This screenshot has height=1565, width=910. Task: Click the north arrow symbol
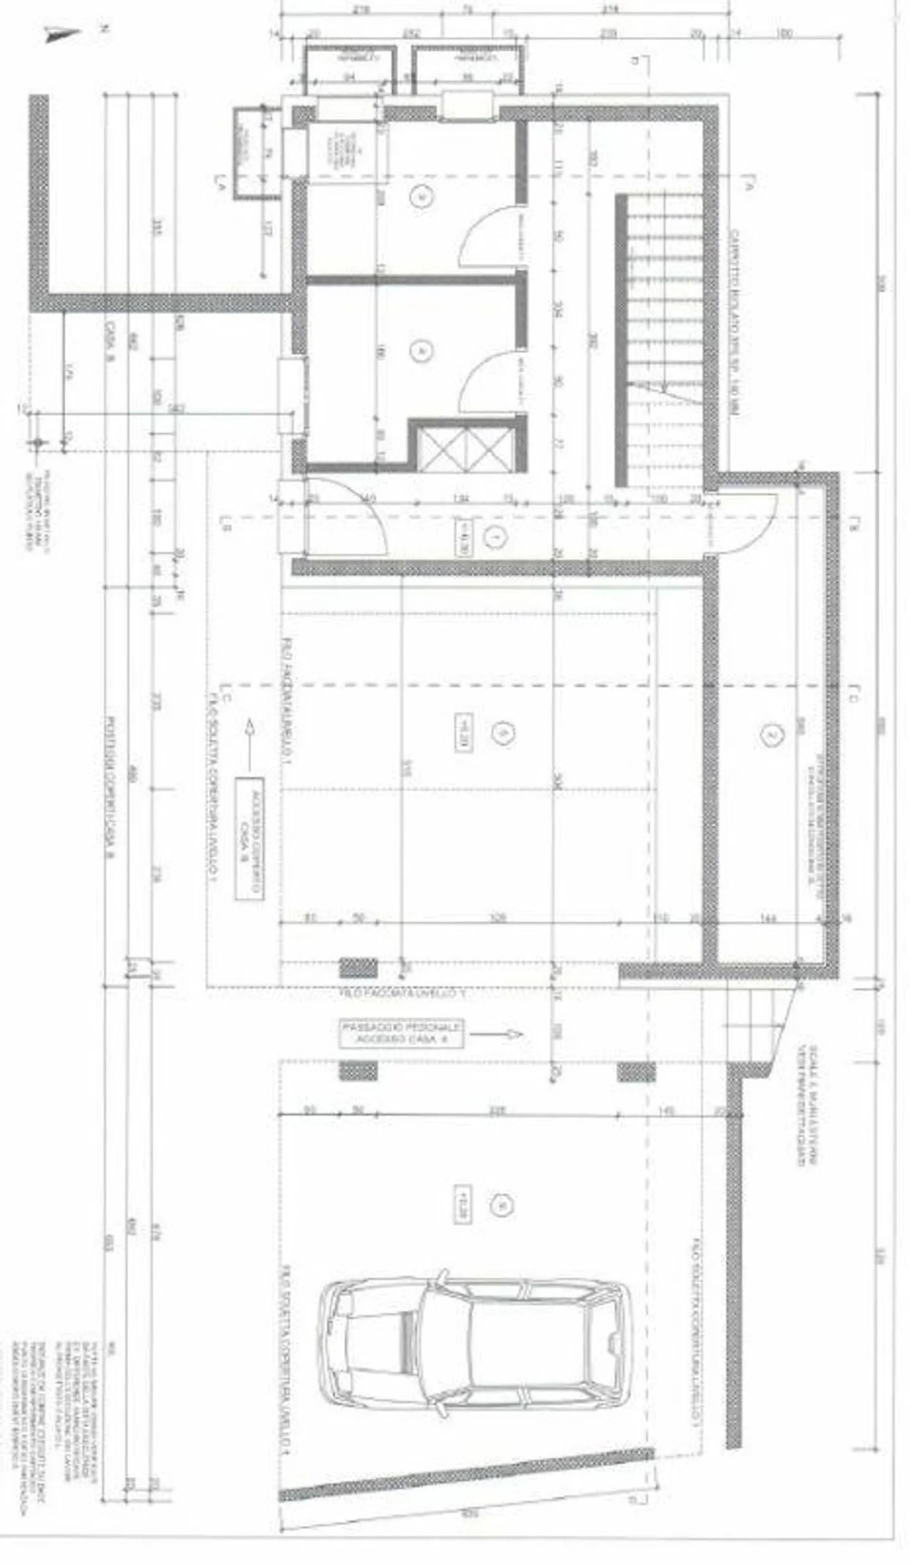click(x=63, y=35)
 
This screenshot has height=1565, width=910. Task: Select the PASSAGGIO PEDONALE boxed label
click(x=401, y=1034)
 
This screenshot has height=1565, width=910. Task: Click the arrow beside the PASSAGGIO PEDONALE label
click(x=496, y=1034)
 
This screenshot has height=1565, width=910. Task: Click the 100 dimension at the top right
click(x=784, y=33)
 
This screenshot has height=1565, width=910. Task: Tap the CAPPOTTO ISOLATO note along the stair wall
click(x=734, y=325)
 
